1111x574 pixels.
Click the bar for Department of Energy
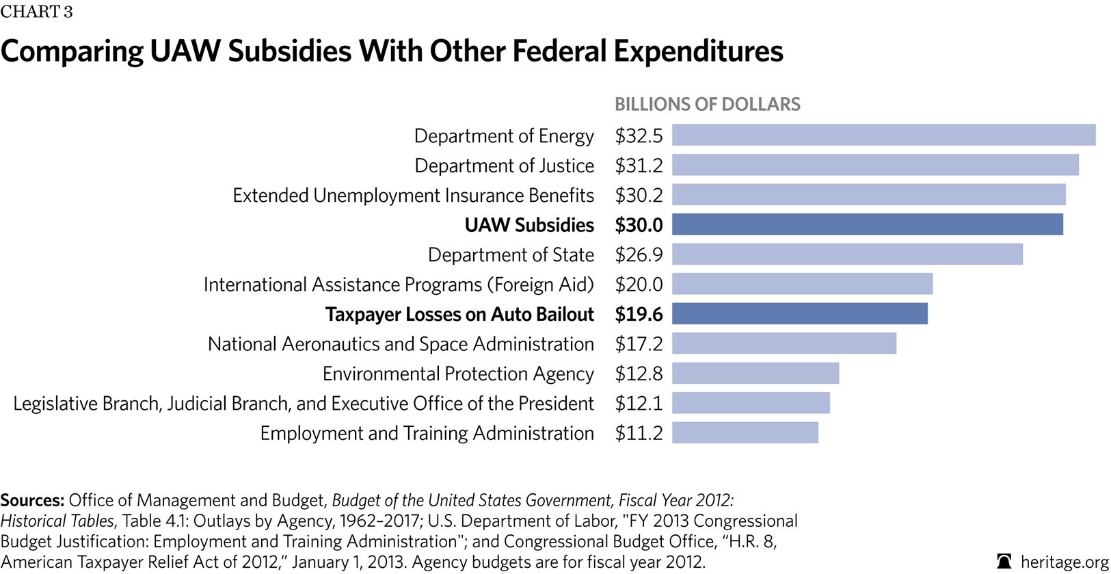pyautogui.click(x=883, y=135)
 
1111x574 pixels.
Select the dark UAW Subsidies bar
pyautogui.click(x=867, y=224)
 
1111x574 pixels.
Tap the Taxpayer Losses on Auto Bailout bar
pyautogui.click(x=799, y=313)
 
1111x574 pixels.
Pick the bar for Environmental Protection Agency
pyautogui.click(x=755, y=373)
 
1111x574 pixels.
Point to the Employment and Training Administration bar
pyautogui.click(x=745, y=432)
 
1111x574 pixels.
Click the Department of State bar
pyautogui.click(x=847, y=254)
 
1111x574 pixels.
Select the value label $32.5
pyautogui.click(x=639, y=135)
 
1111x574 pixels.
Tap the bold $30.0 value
pyautogui.click(x=639, y=225)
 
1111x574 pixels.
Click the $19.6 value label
pyautogui.click(x=639, y=314)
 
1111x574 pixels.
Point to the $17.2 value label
pyautogui.click(x=639, y=344)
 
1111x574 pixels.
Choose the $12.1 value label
pyautogui.click(x=639, y=404)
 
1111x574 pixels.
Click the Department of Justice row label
pyautogui.click(x=504, y=166)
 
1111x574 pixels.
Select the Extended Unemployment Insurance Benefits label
pyautogui.click(x=413, y=196)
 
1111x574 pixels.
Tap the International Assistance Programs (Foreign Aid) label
pyautogui.click(x=399, y=285)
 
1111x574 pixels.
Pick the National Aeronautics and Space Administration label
pyautogui.click(x=401, y=344)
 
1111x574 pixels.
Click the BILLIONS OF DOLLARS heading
pyautogui.click(x=707, y=104)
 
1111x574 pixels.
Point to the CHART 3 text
pyautogui.click(x=36, y=12)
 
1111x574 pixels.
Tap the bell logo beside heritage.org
pyautogui.click(x=1004, y=562)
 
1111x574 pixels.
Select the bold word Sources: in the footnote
pyautogui.click(x=32, y=500)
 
